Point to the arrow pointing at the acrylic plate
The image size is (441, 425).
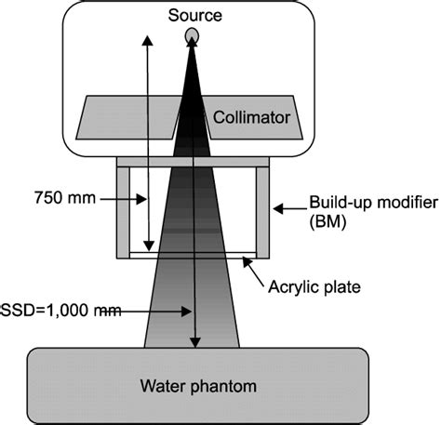tap(254, 267)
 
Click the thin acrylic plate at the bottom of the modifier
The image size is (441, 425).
tap(193, 253)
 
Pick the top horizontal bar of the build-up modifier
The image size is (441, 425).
tap(193, 162)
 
